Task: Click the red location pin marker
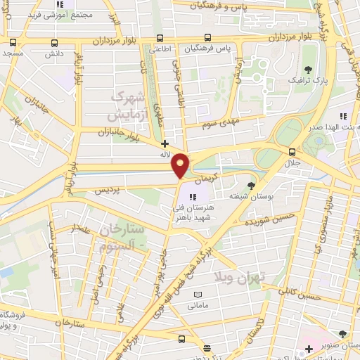181,166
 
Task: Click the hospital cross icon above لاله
165,143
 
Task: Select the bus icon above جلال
292,151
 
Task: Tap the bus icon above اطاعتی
161,38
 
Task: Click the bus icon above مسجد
13,41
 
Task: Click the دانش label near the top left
54,53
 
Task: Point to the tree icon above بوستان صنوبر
342,335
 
